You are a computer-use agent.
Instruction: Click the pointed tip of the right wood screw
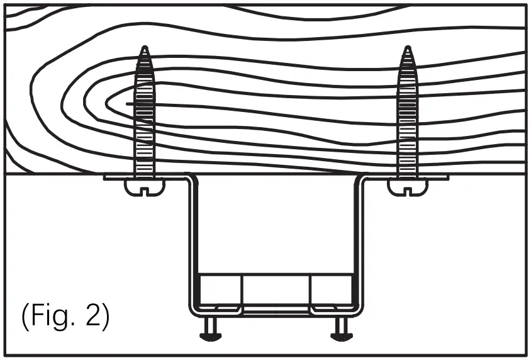pos(407,48)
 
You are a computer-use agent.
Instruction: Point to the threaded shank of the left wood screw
pos(145,120)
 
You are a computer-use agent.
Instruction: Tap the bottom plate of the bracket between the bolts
pos(276,312)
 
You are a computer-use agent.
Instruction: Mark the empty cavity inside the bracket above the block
pos(276,227)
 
